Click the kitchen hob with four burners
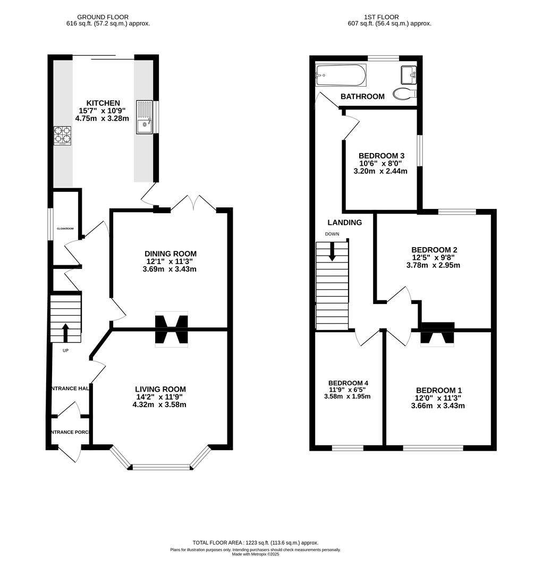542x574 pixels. (x=62, y=134)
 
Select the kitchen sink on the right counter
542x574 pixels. (x=144, y=117)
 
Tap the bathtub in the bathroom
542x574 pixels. (x=341, y=75)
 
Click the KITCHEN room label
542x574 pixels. (x=104, y=103)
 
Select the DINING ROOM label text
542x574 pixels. (x=170, y=254)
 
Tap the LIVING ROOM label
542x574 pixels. (x=160, y=390)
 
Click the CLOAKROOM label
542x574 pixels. (x=65, y=229)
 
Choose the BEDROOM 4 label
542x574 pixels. (x=348, y=383)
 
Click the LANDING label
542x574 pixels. (x=344, y=223)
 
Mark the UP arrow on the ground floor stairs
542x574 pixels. (x=66, y=332)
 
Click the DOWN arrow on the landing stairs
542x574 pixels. (x=333, y=251)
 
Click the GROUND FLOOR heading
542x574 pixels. (x=103, y=18)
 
